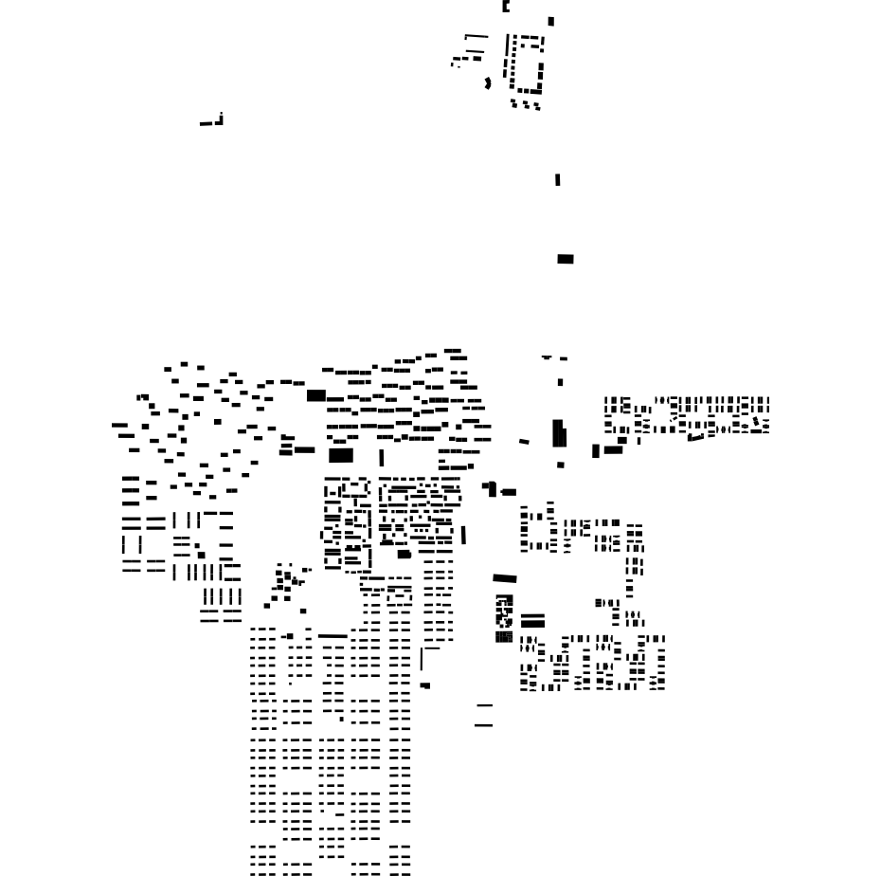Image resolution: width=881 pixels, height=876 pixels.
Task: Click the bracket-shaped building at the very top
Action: tap(506, 7)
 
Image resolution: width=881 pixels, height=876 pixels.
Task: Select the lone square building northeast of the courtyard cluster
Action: tap(551, 21)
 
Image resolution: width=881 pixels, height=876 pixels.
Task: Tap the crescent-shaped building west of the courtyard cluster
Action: tap(488, 83)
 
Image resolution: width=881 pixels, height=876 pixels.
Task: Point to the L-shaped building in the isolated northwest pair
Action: tap(220, 119)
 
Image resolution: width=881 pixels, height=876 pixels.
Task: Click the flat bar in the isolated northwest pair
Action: tap(206, 123)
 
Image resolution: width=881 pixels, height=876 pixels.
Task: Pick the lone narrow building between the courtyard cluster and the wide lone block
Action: tap(557, 179)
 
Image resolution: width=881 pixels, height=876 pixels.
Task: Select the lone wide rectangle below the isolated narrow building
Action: tap(566, 259)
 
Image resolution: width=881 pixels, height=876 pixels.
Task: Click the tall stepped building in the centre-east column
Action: tap(559, 433)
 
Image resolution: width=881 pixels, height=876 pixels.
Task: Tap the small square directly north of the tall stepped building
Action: tap(560, 383)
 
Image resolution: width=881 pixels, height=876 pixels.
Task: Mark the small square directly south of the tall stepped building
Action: tap(561, 465)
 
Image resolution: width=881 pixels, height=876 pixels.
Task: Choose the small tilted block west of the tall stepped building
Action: tap(524, 441)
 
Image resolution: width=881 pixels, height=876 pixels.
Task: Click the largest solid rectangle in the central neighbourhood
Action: tap(341, 455)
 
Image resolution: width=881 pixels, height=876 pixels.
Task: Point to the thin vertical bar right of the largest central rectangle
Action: tap(382, 458)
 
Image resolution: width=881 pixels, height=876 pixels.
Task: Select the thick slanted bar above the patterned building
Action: tap(505, 578)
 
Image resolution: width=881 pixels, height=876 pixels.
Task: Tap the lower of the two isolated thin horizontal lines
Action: tap(484, 725)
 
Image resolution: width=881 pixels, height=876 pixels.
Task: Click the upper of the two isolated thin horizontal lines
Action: tap(485, 705)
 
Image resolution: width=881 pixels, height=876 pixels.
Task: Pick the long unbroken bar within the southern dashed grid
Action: tap(333, 636)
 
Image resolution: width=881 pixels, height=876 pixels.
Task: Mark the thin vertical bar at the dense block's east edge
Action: tap(463, 536)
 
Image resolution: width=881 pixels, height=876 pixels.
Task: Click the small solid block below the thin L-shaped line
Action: tap(425, 685)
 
